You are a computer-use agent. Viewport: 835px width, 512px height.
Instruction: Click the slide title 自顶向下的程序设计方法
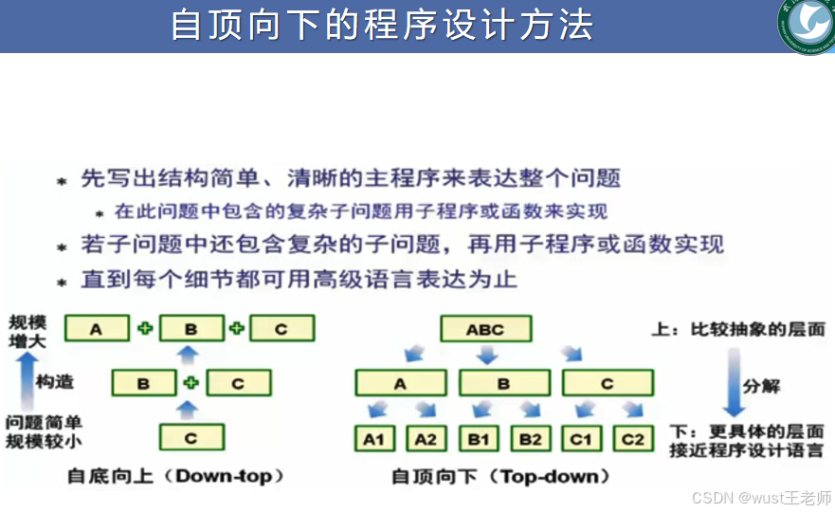(381, 25)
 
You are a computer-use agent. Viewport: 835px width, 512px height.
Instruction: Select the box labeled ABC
(485, 330)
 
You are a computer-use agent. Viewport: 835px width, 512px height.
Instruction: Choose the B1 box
(479, 439)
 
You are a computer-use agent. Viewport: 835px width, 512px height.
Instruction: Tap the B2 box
(530, 439)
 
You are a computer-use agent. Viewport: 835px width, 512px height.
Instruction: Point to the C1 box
(581, 439)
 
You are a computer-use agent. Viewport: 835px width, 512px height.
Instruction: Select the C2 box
(632, 439)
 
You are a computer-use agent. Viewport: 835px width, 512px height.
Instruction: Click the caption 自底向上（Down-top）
(175, 475)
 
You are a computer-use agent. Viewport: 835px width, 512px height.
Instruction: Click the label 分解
(762, 387)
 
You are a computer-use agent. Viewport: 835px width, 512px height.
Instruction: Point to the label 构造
(55, 382)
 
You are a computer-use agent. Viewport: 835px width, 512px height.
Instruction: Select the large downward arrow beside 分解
(732, 384)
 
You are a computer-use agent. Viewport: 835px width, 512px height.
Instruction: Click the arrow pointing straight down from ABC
(486, 356)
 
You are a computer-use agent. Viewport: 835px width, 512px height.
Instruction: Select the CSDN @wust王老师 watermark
(761, 498)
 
